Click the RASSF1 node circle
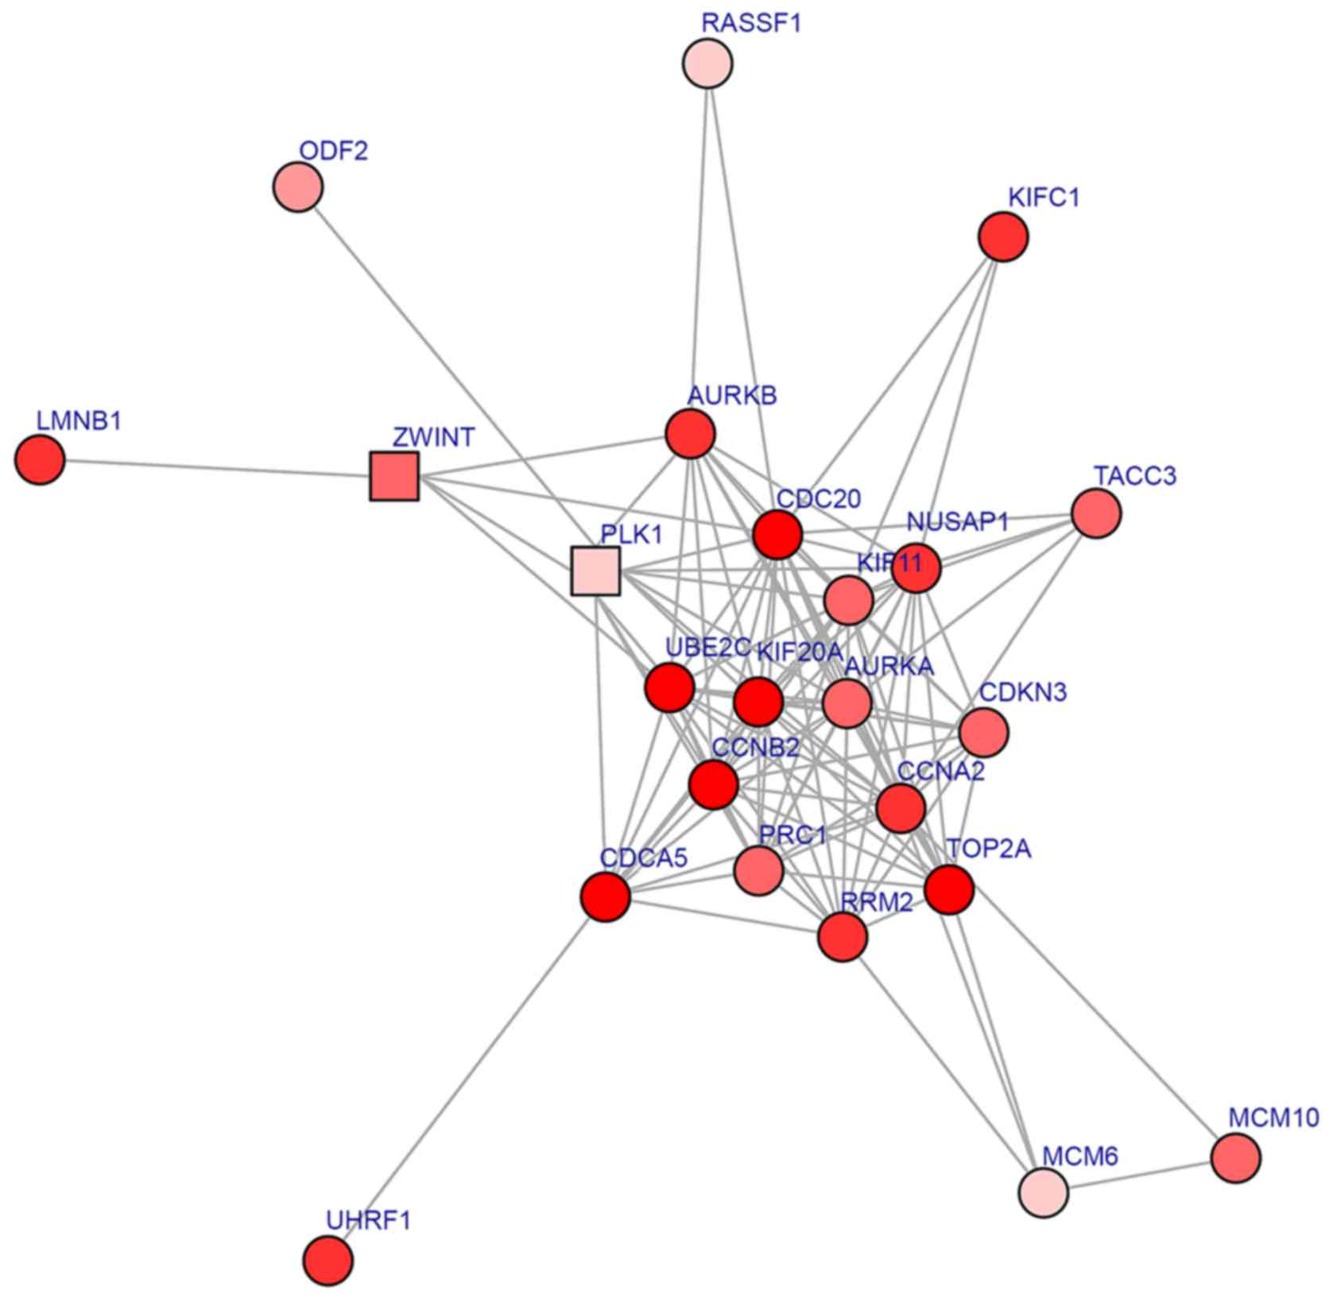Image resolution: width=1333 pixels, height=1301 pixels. click(x=707, y=64)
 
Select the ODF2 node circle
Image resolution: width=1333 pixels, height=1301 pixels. click(x=298, y=188)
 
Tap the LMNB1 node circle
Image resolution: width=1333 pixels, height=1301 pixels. click(x=40, y=460)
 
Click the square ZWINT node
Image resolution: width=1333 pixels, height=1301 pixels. click(x=394, y=477)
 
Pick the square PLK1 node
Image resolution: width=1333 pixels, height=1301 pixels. click(x=595, y=571)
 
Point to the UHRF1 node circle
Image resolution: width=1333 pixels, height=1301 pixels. click(x=328, y=1260)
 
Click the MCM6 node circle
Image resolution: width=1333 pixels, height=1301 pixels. click(x=1043, y=1192)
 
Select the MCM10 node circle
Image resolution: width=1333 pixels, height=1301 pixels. click(x=1236, y=1159)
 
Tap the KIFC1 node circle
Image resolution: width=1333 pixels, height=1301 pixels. click(x=1004, y=237)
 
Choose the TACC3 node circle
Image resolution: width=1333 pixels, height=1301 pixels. click(x=1096, y=513)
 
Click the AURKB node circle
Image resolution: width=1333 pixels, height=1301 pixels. click(x=690, y=434)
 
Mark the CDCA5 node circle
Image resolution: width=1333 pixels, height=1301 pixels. click(x=606, y=896)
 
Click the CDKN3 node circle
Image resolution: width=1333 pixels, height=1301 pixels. click(x=984, y=732)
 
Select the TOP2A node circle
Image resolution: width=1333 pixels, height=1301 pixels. click(x=950, y=889)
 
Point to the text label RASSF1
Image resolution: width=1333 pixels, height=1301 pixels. click(x=751, y=23)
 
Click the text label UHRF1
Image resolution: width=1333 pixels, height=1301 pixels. click(x=369, y=1220)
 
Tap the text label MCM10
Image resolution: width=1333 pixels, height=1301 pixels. click(x=1273, y=1117)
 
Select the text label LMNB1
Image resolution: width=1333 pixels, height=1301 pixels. click(x=79, y=420)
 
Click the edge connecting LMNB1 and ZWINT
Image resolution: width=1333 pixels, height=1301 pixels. click(x=215, y=468)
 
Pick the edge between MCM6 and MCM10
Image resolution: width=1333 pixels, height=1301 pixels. click(x=1139, y=1175)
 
